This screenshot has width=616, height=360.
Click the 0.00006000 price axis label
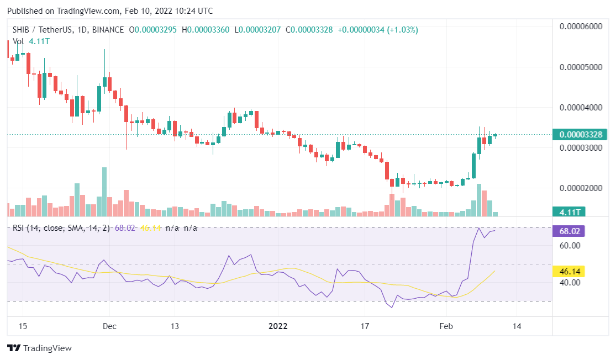(x=581, y=26)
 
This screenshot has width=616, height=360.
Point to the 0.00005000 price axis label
(x=581, y=67)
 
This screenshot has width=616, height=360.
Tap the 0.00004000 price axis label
(x=581, y=107)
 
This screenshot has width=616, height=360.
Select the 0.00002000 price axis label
(x=581, y=188)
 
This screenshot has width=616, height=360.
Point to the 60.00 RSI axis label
(x=570, y=245)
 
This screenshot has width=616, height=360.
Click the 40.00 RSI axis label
(x=570, y=282)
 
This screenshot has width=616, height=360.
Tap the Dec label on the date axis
(x=109, y=326)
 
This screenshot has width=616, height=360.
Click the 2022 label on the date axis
(x=278, y=326)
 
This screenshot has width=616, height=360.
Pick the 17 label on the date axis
(x=364, y=326)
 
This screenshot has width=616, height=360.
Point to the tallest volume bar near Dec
(x=104, y=191)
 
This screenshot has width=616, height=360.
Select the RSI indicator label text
(x=60, y=227)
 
